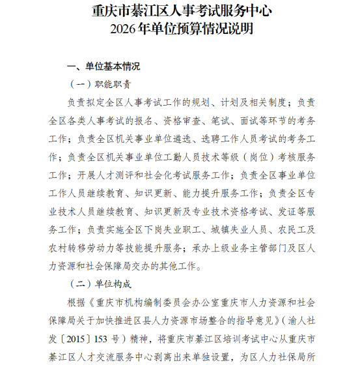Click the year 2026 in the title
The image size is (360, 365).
122,29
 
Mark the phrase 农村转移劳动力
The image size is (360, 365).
83,248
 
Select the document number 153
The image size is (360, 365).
113,339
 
